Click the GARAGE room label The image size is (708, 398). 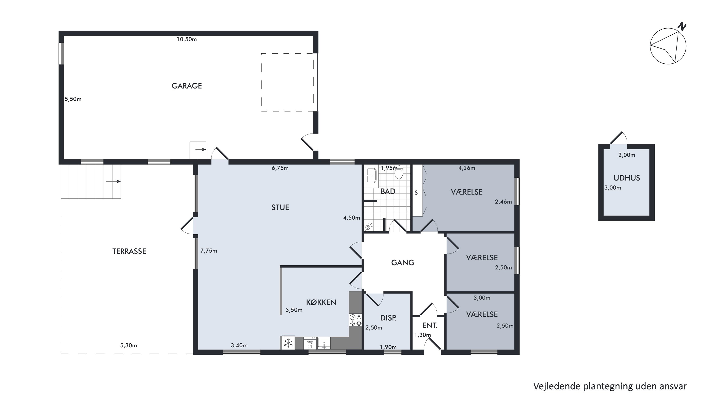point(187,86)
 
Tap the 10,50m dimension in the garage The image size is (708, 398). point(187,39)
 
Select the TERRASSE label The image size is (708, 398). point(129,251)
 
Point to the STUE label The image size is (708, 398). point(280,207)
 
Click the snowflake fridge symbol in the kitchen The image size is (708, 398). point(288,343)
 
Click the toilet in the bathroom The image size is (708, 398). point(399,172)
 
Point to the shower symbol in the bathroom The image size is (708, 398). point(369,227)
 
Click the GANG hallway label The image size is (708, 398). point(403,263)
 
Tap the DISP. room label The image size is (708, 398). point(388,318)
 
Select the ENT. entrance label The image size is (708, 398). point(430,326)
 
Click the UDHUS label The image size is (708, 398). point(627,178)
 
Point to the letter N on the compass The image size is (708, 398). point(682,26)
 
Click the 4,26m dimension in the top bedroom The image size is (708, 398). point(467,168)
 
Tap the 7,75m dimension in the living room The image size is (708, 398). point(209,251)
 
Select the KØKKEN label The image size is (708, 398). point(321,302)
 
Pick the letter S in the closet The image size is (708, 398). point(416,193)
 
